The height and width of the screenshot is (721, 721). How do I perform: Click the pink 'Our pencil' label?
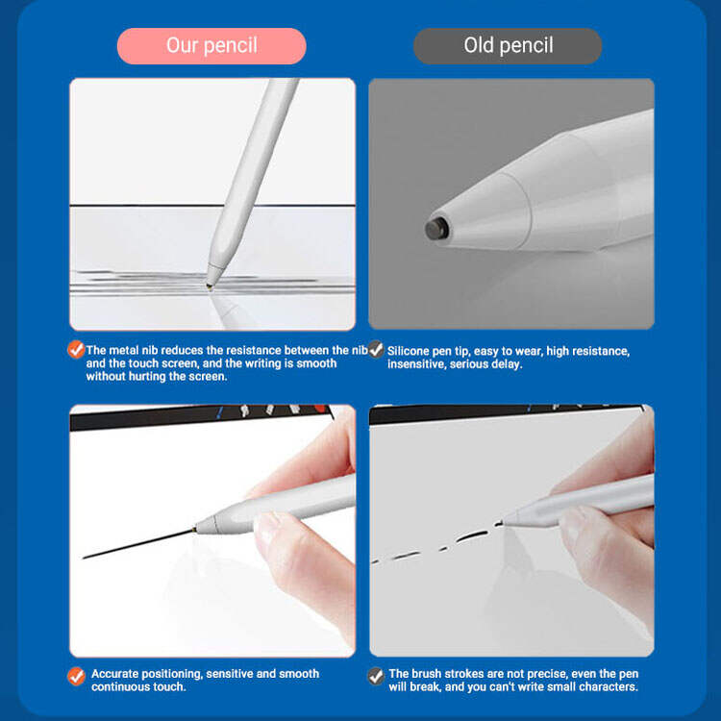pos(211,46)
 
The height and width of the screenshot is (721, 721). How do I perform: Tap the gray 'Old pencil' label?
pos(508,46)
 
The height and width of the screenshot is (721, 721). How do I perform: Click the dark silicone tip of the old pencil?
pos(436,229)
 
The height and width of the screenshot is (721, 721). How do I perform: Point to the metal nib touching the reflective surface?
pos(210,286)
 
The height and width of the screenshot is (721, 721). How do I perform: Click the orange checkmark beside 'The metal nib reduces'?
pos(76,350)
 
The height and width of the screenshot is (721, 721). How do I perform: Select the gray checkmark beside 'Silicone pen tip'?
pos(376,350)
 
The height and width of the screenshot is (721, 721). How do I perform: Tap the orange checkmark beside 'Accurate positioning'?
pos(76,676)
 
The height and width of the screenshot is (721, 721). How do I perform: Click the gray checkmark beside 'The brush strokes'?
pos(376,676)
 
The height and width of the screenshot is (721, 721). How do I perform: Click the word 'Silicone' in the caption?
pos(409,351)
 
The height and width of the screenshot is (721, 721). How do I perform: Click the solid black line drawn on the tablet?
pos(138,544)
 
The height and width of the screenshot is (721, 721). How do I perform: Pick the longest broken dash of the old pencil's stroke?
pos(472,536)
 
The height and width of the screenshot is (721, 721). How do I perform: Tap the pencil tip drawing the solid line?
pos(195,530)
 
